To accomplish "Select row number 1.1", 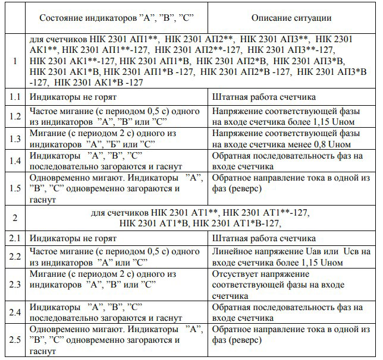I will click(14, 96).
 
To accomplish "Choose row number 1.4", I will click(14, 160).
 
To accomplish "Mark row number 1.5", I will click(14, 189).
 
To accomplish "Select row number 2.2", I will click(14, 257).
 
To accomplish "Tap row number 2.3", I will click(14, 284).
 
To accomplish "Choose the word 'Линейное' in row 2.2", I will click(234, 252).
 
